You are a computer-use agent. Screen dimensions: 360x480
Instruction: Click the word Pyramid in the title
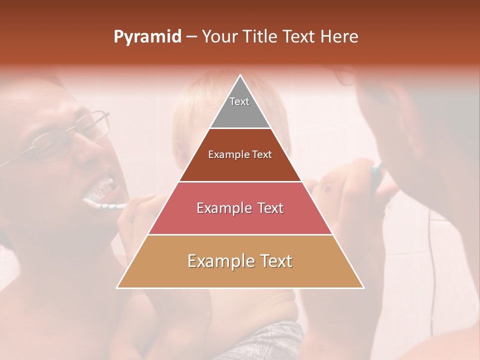tap(147, 37)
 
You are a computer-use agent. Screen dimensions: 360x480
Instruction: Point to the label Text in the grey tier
tap(239, 101)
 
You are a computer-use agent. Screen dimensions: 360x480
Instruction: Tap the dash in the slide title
tap(191, 37)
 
